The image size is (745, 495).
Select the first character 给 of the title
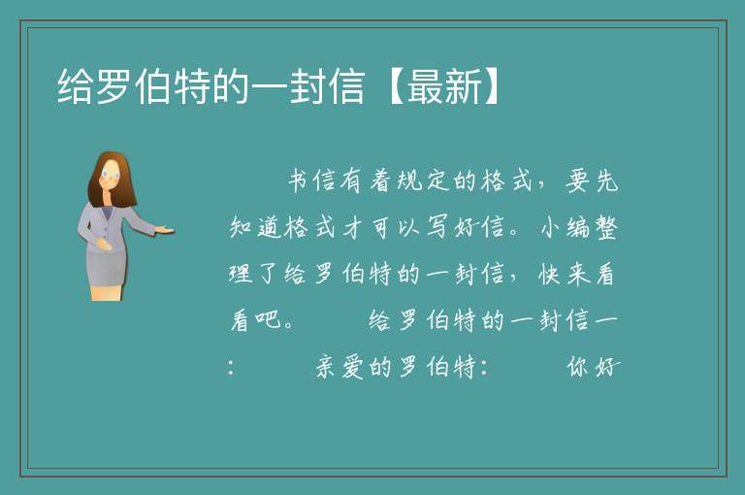pos(75,86)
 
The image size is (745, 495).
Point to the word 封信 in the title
pos(328,86)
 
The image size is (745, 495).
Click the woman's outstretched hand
pos(164,230)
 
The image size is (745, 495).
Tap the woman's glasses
pos(110,175)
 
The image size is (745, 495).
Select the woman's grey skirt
pos(107,268)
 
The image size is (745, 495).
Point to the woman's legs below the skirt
pos(106,293)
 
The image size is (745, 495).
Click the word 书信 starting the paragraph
pos(312,181)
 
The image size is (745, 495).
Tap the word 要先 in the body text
pos(592,181)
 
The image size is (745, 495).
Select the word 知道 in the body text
pos(255,227)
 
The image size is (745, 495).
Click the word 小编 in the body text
pos(566,227)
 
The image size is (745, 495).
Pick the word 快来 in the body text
pos(564,274)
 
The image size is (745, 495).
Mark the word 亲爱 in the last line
pos(340,367)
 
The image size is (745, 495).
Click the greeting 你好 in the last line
pos(594,367)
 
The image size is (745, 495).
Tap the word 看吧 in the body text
pos(256,320)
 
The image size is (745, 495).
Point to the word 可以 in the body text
pos(396,227)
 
